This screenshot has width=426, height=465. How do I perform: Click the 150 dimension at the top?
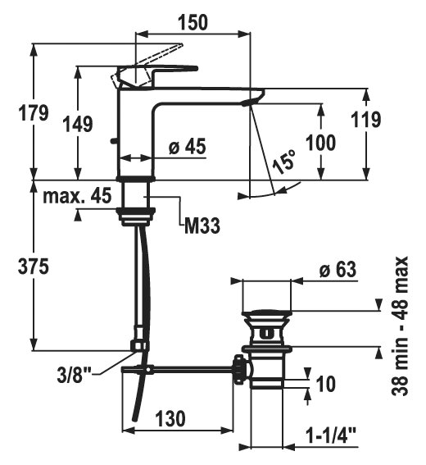tap(193, 22)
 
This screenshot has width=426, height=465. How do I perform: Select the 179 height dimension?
tap(34, 112)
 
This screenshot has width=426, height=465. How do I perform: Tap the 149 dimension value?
tap(79, 124)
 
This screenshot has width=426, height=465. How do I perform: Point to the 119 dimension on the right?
tap(366, 120)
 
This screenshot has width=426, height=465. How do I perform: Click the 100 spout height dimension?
tap(320, 143)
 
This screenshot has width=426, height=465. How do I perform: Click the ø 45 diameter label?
tap(188, 147)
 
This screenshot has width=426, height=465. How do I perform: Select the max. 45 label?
tap(77, 195)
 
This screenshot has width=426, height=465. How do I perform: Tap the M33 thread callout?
tap(202, 226)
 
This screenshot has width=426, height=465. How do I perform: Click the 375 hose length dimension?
tap(34, 266)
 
